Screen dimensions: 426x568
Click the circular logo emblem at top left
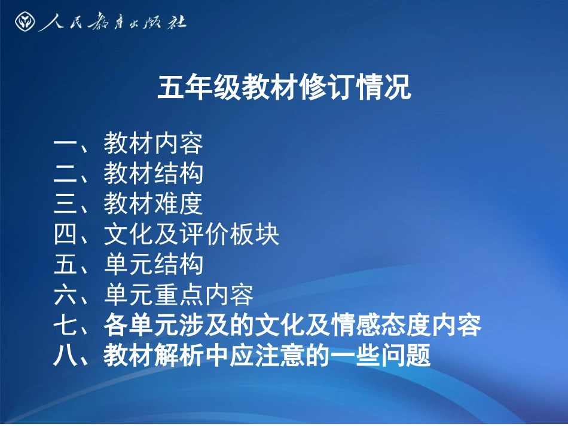click(26, 22)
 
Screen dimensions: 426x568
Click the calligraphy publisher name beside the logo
click(112, 23)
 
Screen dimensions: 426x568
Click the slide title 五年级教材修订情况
click(284, 88)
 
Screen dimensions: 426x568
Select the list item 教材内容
click(154, 143)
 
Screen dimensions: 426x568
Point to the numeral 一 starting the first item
click(63, 143)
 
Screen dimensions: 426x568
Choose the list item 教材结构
click(154, 174)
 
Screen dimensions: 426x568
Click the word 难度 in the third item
click(179, 204)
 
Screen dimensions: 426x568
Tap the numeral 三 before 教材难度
click(63, 204)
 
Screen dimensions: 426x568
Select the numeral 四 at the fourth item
click(63, 235)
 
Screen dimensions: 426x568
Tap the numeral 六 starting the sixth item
click(63, 295)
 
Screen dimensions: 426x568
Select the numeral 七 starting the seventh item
click(63, 326)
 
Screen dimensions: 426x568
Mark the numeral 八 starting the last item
click(63, 357)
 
